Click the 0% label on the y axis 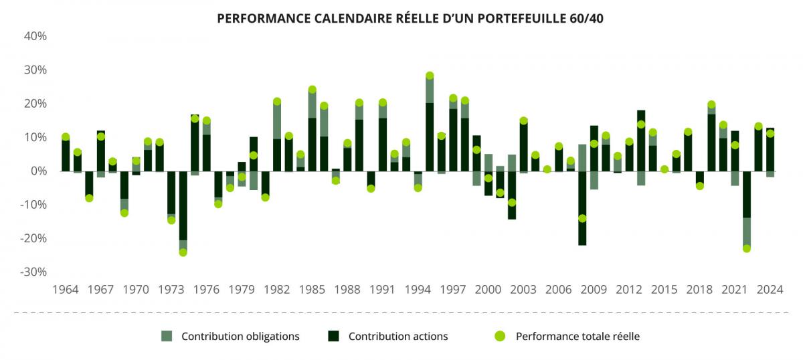tap(38, 171)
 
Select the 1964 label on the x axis tap(65, 290)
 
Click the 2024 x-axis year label tap(770, 290)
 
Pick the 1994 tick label tap(418, 290)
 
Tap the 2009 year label tap(594, 290)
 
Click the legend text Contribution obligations tap(240, 336)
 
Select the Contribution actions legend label tap(398, 336)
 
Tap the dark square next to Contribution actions tap(333, 336)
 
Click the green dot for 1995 tap(430, 76)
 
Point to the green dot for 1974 tap(183, 252)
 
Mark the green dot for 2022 tap(747, 248)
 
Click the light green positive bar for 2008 tap(582, 157)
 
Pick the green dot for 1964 tap(66, 137)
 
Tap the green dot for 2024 tap(770, 133)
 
